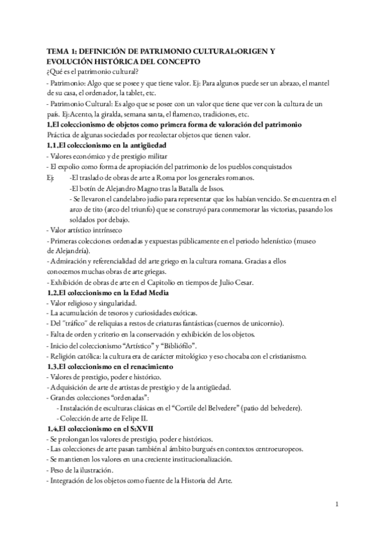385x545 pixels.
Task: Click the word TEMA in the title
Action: (58, 49)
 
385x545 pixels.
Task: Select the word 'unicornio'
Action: (262, 324)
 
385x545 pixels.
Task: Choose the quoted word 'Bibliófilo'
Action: (151, 345)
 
